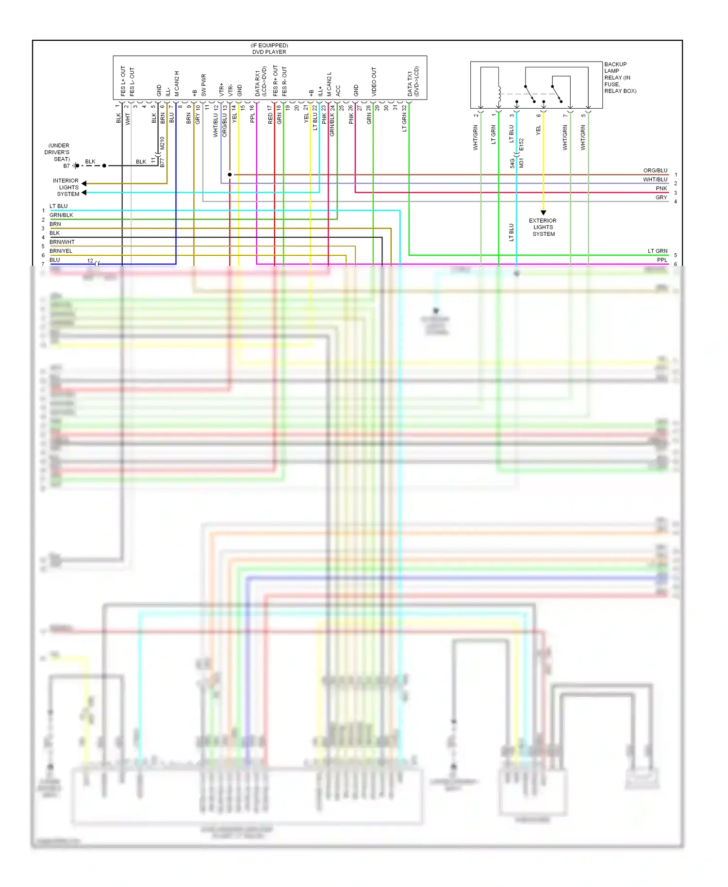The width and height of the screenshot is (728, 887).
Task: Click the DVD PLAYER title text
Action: coord(269,52)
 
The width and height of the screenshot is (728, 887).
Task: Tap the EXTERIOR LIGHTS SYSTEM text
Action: coord(543,227)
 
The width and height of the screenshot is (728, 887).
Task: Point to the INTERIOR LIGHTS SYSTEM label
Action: coord(66,187)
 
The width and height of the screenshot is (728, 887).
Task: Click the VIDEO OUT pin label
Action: coord(374,81)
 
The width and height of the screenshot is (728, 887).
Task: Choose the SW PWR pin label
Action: coord(203,84)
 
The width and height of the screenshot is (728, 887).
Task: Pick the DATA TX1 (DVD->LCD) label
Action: coord(413,81)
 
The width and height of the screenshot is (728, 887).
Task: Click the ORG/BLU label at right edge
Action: coord(655,170)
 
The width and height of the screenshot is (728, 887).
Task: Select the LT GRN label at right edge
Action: coord(657,251)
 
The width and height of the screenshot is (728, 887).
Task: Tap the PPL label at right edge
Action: coord(662,260)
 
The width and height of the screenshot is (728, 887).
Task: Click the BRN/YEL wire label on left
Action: coord(61,251)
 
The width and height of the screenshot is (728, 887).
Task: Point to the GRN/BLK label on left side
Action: coord(61,215)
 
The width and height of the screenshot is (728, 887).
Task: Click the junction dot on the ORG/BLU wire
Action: coord(230,175)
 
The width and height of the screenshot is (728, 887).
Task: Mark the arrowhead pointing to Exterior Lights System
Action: coord(543,213)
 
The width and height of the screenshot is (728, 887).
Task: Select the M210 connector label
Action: coord(162,143)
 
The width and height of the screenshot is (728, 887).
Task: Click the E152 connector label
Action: coord(521,145)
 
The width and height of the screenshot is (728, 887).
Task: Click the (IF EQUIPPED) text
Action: coord(269,45)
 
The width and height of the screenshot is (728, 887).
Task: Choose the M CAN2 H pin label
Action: coord(177,83)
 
